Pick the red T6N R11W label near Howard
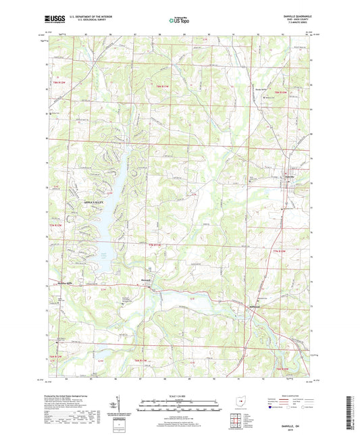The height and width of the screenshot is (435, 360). pyautogui.click(x=155, y=244)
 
